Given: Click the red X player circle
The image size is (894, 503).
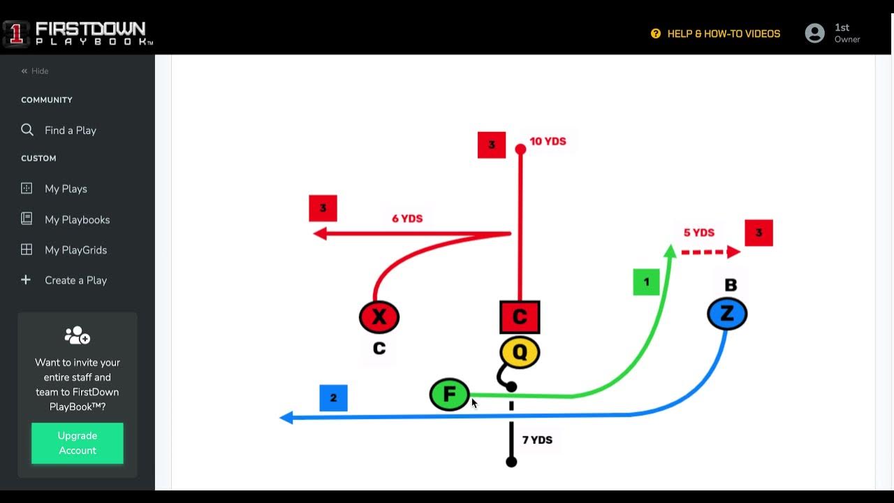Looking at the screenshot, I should [x=379, y=317].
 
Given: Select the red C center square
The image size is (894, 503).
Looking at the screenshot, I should [x=520, y=317].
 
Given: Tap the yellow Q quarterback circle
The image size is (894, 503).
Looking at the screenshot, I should [x=520, y=353].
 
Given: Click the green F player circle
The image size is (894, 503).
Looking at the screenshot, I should [x=449, y=395].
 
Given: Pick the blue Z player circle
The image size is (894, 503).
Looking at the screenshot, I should [x=727, y=314].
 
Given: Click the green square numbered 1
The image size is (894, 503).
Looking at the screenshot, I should [x=646, y=282].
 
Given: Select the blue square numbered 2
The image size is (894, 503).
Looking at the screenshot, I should [x=333, y=398].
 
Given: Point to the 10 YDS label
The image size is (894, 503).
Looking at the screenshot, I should [x=548, y=141].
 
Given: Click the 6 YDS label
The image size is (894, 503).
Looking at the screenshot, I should [x=407, y=219].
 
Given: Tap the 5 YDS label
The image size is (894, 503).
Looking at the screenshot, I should [x=699, y=233].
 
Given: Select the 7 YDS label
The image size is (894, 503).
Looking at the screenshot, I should [x=537, y=440].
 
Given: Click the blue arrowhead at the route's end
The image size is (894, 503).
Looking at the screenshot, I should [x=286, y=418].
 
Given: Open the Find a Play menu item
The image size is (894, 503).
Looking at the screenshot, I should [x=70, y=131].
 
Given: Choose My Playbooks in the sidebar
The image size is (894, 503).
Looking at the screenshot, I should [x=77, y=219].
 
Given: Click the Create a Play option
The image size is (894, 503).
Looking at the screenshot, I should [x=75, y=280].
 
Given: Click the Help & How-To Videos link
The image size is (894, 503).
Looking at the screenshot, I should [x=723, y=34].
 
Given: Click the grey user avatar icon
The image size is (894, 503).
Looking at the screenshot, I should [x=814, y=34].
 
